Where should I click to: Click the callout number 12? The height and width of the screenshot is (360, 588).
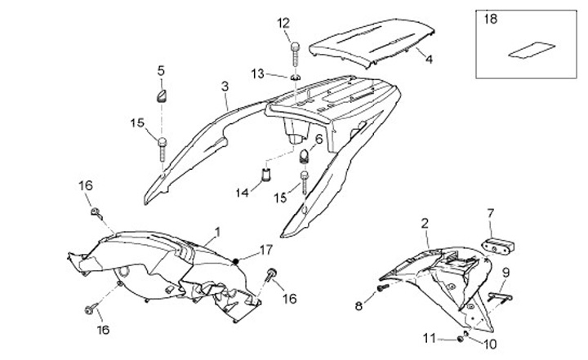click(x=283, y=22)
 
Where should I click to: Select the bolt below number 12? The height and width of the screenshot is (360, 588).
click(x=294, y=51)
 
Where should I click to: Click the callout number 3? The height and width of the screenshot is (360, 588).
click(x=224, y=86)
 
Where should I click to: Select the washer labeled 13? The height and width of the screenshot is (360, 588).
click(x=292, y=77)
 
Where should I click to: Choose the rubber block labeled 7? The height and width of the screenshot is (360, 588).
click(x=496, y=243)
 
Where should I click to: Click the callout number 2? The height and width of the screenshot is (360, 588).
click(x=425, y=223)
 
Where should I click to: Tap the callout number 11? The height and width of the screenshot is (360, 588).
click(x=429, y=337)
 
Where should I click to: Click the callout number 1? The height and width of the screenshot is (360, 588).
click(x=217, y=232)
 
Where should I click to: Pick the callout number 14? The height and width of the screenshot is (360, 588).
click(x=243, y=193)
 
